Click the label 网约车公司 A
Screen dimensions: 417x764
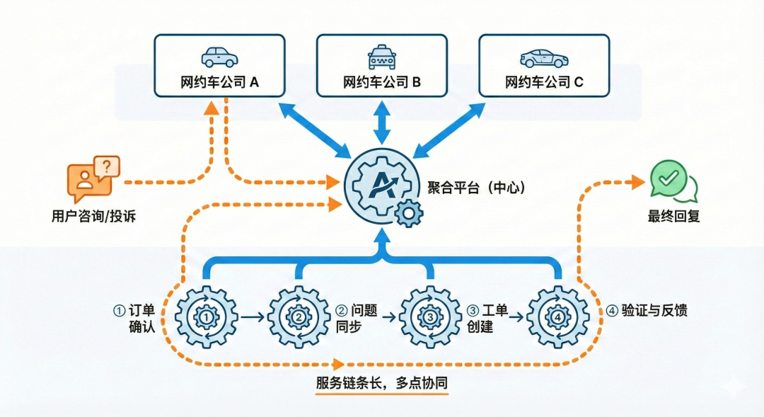(x=219, y=82)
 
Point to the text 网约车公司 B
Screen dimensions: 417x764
(x=382, y=82)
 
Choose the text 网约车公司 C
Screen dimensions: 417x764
(x=544, y=82)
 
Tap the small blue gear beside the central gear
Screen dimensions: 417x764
(x=408, y=213)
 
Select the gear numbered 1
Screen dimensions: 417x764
(x=206, y=318)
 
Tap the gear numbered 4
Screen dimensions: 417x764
(x=558, y=318)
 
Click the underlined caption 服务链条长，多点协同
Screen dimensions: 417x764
(x=382, y=382)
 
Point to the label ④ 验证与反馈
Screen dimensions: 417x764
(x=647, y=310)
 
